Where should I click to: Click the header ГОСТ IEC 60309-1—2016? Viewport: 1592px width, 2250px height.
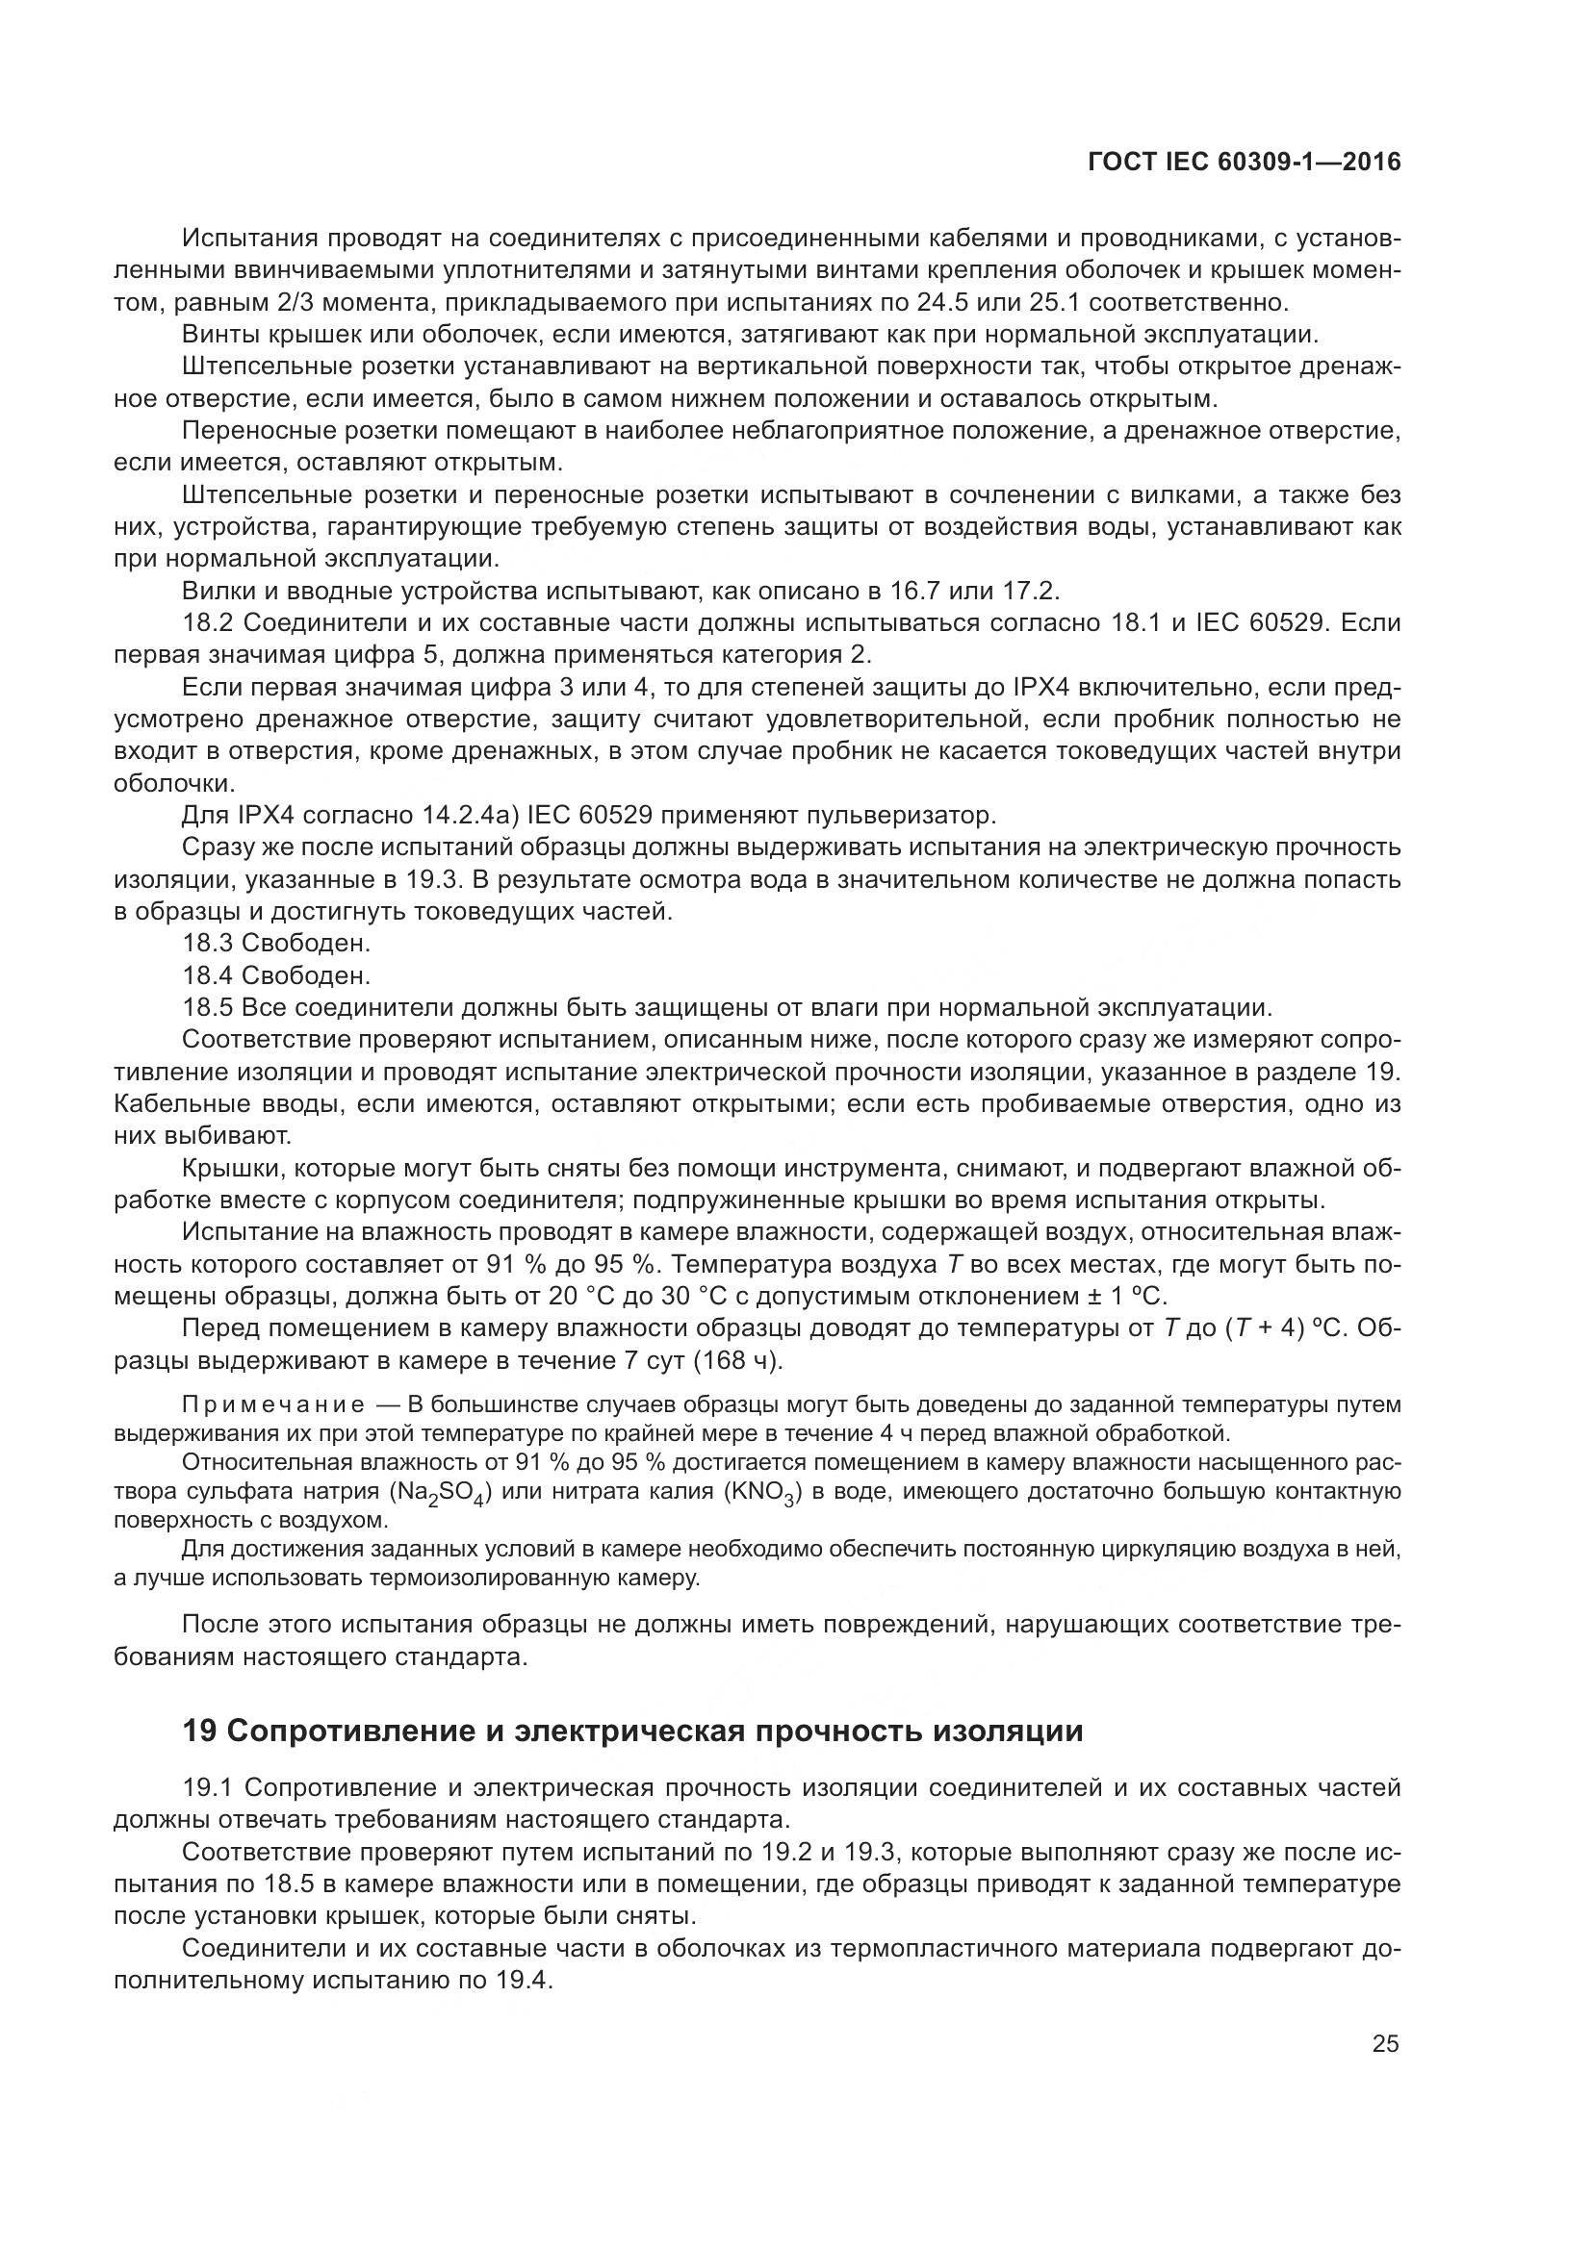pos(1244,162)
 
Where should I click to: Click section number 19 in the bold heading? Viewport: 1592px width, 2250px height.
pos(199,1732)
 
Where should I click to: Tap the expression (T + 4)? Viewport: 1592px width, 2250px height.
pos(1271,1328)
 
